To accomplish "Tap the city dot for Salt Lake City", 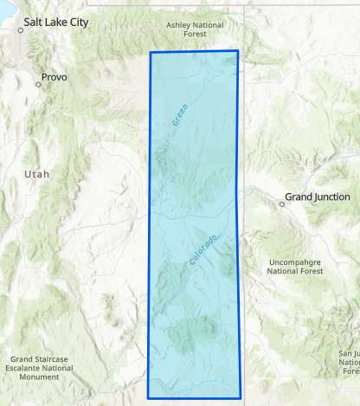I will point(21,29).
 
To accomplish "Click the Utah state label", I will point(37,174).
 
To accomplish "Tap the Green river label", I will point(180,115).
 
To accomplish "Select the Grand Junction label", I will point(320,198).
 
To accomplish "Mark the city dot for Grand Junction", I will point(282,204).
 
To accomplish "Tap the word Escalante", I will point(31,368).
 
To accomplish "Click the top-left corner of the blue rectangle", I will point(151,53).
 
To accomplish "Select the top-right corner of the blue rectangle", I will point(237,51).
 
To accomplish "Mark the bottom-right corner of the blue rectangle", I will point(241,397).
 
